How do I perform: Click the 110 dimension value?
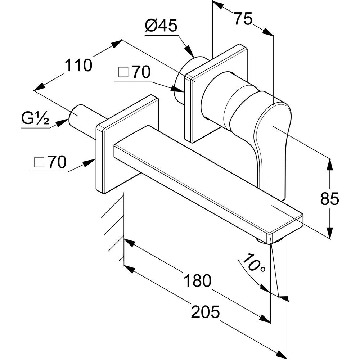pyautogui.click(x=78, y=66)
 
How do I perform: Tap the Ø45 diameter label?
pyautogui.click(x=161, y=26)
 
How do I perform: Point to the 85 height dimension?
pyautogui.click(x=329, y=199)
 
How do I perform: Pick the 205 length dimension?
pyautogui.click(x=205, y=312)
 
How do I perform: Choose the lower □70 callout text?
pyautogui.click(x=50, y=163)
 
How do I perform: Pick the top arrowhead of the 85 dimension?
pyautogui.click(x=329, y=163)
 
